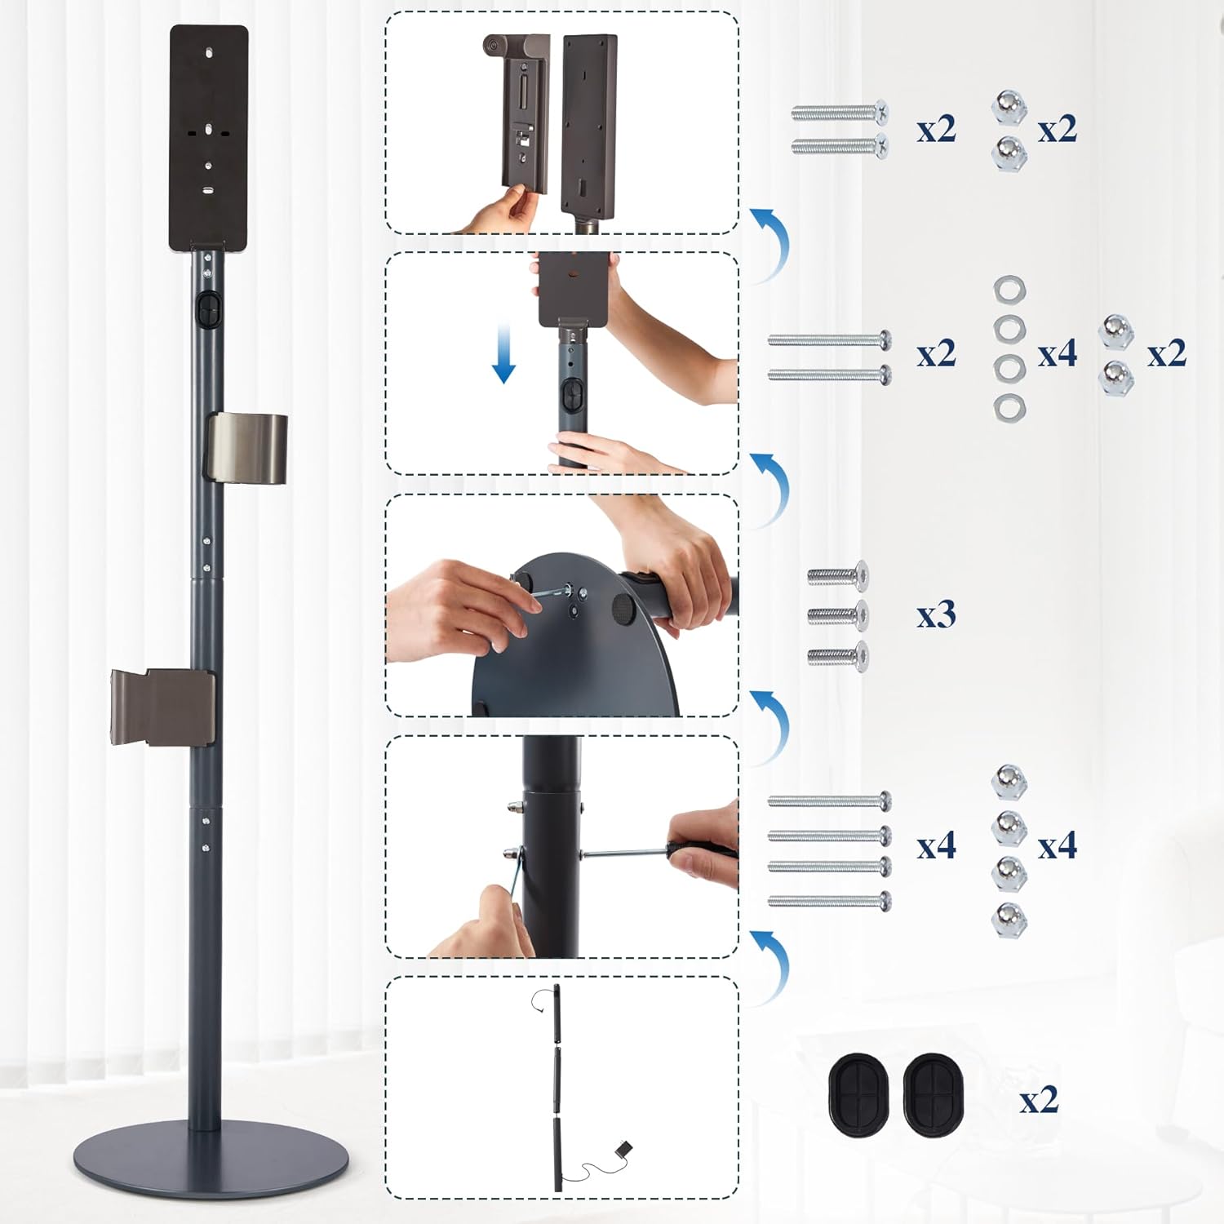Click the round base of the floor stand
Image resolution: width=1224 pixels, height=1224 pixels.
(x=211, y=1155)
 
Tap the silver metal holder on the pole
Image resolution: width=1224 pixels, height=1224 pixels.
(x=246, y=447)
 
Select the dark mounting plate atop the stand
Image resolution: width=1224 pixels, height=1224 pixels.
(x=209, y=137)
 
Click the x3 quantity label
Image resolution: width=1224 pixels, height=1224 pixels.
(x=935, y=614)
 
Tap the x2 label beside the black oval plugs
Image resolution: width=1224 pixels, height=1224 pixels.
(x=1039, y=1100)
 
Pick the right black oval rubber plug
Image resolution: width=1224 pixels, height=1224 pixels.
(x=934, y=1094)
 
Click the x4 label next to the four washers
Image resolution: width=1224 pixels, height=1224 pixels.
(x=1057, y=353)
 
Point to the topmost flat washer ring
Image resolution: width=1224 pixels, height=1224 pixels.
(x=1009, y=290)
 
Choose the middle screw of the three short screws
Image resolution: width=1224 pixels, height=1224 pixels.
(x=838, y=615)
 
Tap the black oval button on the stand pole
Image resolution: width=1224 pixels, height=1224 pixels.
(x=208, y=310)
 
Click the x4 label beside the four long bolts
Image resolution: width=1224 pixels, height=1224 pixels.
(x=935, y=846)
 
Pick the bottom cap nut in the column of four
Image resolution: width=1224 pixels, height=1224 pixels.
(x=1009, y=920)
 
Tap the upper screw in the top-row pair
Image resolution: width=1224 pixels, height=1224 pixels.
(x=840, y=112)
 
